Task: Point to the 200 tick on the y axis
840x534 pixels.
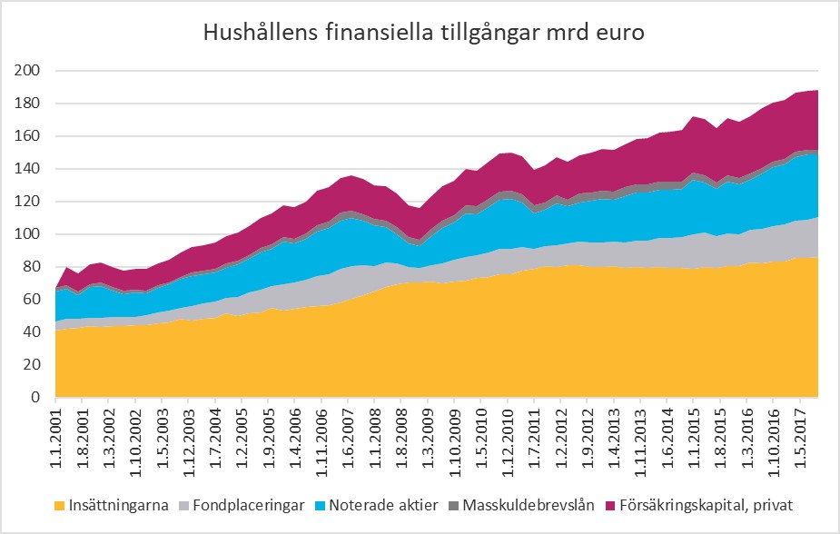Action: (x=28, y=71)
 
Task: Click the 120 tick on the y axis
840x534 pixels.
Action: (x=28, y=202)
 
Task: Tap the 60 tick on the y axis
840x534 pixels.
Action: (x=32, y=300)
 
